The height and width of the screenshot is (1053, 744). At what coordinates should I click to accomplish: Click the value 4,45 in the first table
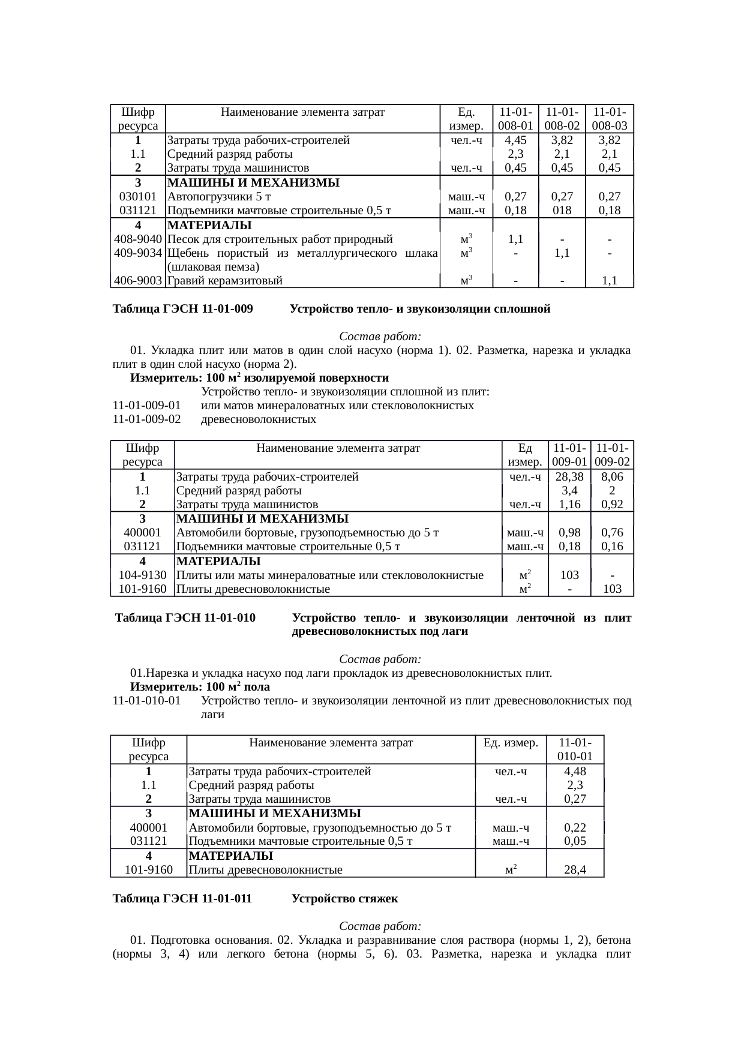click(515, 140)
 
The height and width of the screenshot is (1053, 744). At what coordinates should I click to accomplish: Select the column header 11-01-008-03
click(609, 119)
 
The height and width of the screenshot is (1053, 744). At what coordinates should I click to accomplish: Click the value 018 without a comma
click(562, 211)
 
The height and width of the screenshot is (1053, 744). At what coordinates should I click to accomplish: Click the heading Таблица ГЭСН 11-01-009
click(182, 310)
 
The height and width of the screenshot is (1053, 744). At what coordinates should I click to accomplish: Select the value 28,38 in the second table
click(569, 477)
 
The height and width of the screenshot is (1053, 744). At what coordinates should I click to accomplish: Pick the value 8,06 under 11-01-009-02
click(612, 477)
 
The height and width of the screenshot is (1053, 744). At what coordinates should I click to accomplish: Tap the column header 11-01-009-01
click(569, 455)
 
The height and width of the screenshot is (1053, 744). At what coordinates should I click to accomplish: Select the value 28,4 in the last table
click(575, 870)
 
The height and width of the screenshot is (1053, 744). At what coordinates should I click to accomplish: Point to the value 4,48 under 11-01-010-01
click(575, 772)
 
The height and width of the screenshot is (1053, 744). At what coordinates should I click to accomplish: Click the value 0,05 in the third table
click(575, 841)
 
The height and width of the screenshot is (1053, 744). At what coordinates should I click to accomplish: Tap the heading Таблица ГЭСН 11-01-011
click(182, 899)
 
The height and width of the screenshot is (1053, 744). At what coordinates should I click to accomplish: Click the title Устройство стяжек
click(344, 899)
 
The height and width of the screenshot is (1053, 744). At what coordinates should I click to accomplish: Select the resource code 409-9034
click(137, 253)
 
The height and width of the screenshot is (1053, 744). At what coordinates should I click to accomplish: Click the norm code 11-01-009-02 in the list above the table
click(147, 419)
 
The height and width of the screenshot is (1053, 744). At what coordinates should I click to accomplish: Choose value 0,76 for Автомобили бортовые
click(612, 533)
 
